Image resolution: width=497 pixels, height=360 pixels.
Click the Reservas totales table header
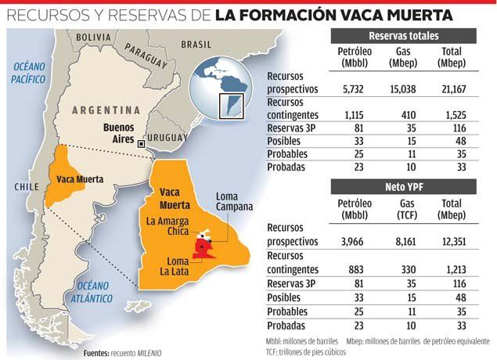pos(403,36)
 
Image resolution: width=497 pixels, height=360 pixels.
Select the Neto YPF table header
pos(403,186)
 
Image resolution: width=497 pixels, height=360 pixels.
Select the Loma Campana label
pos(236,201)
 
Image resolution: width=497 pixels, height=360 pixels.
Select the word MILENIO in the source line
pos(146,353)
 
